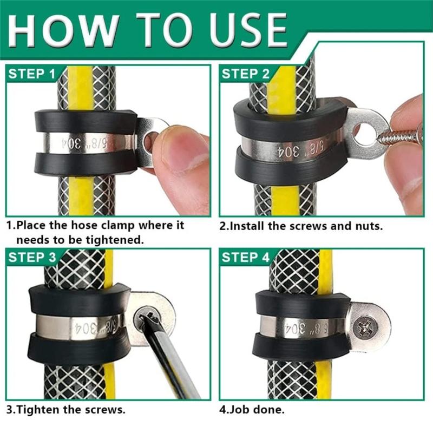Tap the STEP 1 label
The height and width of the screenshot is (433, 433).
click(x=31, y=74)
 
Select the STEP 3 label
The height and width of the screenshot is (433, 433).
click(x=31, y=258)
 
